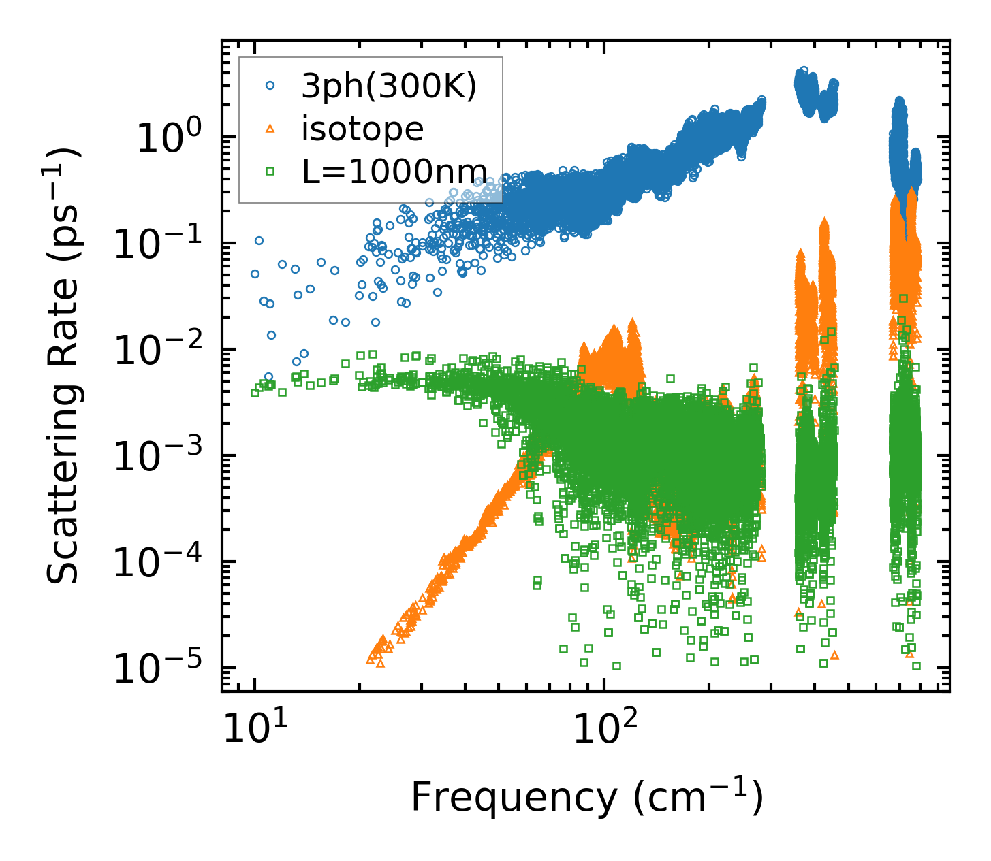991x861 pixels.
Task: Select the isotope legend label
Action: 362,129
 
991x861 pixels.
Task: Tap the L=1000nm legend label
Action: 394,172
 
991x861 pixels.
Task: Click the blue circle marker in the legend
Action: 270,86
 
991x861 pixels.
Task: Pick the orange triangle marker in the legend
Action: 270,129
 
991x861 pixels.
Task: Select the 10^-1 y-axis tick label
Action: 156,244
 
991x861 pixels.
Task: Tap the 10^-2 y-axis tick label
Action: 156,351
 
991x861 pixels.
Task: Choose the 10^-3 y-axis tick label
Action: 156,457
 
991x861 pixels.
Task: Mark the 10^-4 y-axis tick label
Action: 156,563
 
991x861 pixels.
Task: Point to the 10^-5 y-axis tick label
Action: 156,669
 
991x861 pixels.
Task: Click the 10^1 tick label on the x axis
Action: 254,730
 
